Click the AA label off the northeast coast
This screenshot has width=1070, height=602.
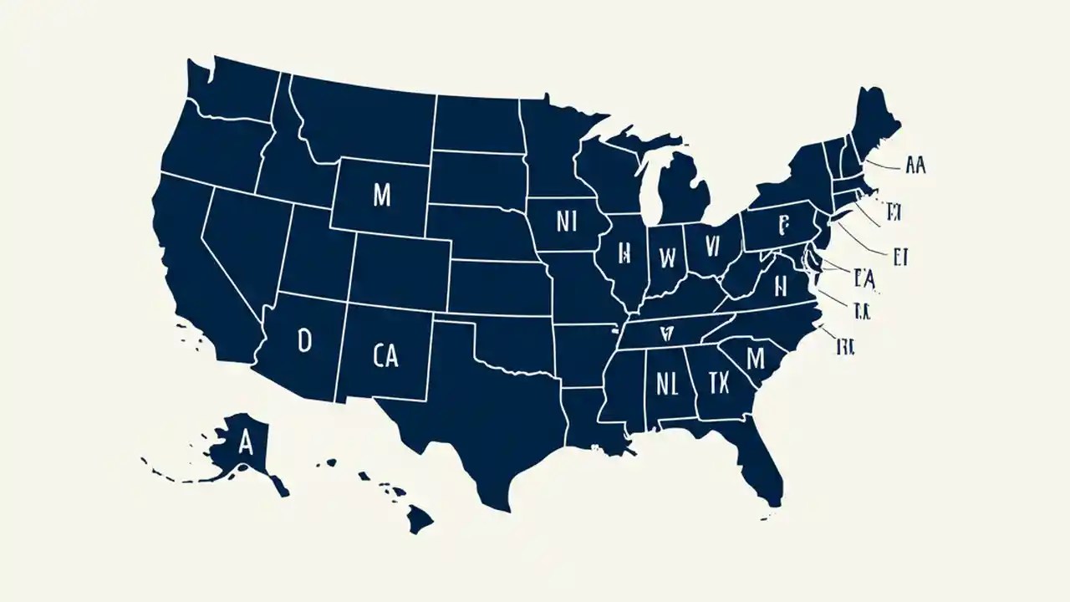pos(915,166)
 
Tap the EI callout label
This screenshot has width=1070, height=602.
pos(899,256)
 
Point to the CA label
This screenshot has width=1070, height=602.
pos(385,357)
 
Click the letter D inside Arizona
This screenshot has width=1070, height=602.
pos(304,339)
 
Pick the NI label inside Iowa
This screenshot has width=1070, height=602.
pos(567,222)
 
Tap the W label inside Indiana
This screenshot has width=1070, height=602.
pos(667,258)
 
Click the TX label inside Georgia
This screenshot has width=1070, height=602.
pos(718,384)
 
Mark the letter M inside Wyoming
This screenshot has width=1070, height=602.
pos(381,196)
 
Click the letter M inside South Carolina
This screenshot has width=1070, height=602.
pos(755,358)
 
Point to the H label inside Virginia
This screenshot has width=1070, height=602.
pos(781,287)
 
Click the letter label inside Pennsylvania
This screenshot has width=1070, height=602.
pos(783,226)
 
